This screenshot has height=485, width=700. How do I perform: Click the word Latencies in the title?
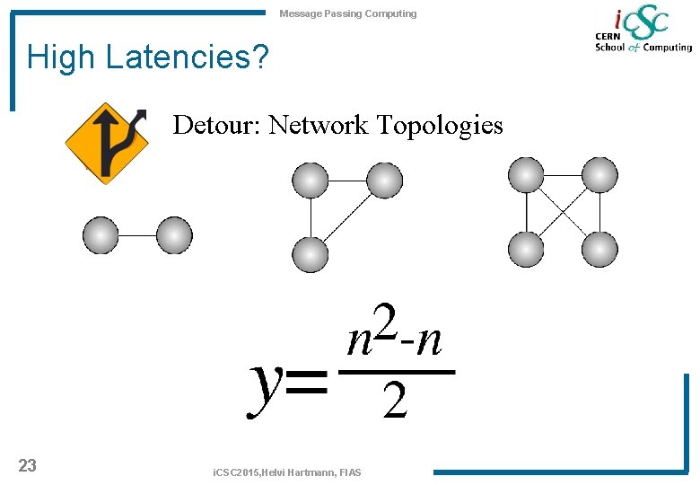(x=187, y=58)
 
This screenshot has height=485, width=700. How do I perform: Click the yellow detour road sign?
(x=107, y=143)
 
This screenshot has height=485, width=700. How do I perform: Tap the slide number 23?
(x=28, y=465)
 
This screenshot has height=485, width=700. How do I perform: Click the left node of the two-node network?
(x=101, y=235)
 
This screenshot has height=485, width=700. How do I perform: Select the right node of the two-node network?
(x=174, y=235)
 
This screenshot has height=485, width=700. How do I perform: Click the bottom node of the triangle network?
(x=311, y=255)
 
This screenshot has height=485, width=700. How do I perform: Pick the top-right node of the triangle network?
(x=384, y=181)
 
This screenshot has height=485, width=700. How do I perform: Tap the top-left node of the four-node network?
(x=526, y=174)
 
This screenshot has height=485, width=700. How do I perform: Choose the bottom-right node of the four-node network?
(x=599, y=249)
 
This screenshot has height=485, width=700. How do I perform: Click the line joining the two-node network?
(x=137, y=235)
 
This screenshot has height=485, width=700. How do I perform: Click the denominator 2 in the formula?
(x=395, y=402)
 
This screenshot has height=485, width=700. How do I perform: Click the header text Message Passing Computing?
(x=348, y=13)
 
